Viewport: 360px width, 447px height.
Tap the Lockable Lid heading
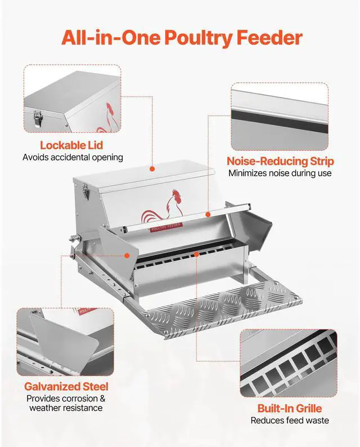[x=71, y=146]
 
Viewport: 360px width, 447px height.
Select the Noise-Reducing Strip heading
[x=280, y=161]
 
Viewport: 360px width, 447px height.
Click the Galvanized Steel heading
[x=66, y=387]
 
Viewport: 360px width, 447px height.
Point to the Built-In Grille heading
[x=290, y=408]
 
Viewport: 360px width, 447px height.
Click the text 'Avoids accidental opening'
[x=73, y=158]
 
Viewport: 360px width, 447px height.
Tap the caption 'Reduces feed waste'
[x=290, y=420]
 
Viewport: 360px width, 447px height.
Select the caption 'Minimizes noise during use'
[x=280, y=173]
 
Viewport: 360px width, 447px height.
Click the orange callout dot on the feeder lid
[x=152, y=168]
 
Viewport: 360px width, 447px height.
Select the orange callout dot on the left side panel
[x=128, y=255]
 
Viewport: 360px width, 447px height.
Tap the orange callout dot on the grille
[x=196, y=254]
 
